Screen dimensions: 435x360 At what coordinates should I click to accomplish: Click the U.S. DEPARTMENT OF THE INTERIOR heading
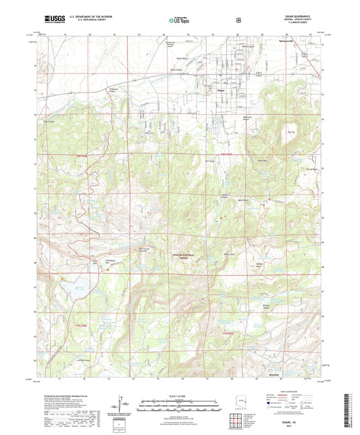94,16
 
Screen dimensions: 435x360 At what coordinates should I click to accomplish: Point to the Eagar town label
220,88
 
